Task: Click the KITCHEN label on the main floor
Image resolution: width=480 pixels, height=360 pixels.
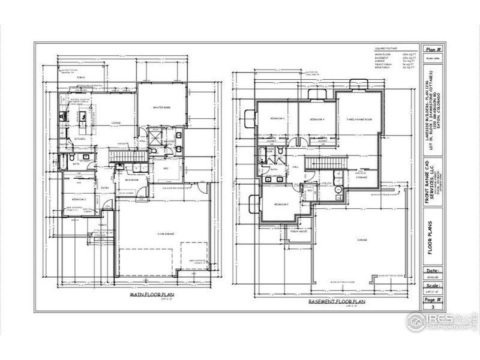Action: point(80,139)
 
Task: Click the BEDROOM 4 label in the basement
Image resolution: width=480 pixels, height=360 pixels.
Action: point(316,120)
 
